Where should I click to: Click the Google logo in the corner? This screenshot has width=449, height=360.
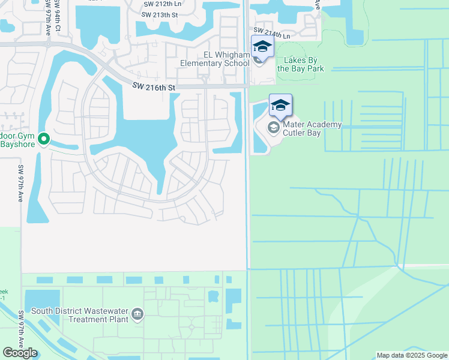click(20, 353)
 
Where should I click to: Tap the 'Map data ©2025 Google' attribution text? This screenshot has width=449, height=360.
click(412, 356)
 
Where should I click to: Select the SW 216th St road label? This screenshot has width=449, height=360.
click(154, 88)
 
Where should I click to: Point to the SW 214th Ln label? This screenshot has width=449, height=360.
click(271, 33)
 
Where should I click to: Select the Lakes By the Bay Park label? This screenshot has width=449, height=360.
click(301, 64)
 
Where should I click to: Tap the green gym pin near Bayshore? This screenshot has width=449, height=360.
click(43, 139)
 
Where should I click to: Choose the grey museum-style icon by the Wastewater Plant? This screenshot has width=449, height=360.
click(137, 314)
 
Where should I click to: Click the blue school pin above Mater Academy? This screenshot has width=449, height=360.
click(280, 105)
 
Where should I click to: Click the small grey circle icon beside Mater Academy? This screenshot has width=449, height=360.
click(274, 127)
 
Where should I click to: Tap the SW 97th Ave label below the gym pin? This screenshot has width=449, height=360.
click(20, 183)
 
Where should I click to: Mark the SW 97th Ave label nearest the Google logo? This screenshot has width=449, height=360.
click(21, 329)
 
